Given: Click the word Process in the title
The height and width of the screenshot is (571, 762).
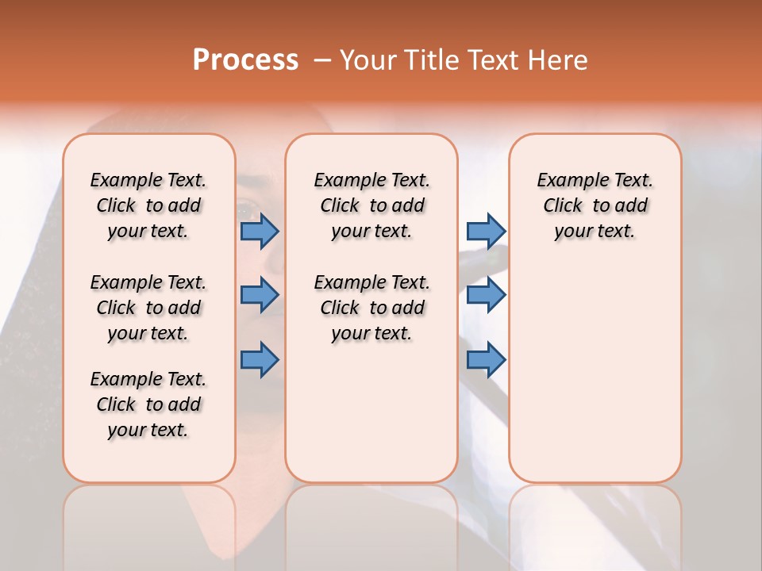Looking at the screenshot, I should (x=245, y=60).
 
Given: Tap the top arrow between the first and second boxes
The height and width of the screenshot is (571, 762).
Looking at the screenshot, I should (x=260, y=232).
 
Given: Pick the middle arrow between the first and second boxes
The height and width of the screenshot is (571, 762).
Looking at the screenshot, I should (x=260, y=295).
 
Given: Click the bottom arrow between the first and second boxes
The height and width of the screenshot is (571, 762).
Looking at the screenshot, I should (x=260, y=360).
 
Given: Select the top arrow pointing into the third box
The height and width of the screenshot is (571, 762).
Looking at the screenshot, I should (x=486, y=232).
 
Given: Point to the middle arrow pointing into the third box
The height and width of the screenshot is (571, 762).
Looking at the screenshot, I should (x=486, y=295).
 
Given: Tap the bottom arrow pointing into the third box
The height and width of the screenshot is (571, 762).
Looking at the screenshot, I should (x=486, y=360).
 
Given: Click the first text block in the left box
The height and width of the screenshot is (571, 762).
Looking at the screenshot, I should (x=148, y=205).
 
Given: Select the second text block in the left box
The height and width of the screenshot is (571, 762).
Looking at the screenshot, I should (x=148, y=308).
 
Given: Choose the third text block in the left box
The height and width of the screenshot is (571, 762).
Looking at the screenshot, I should (x=148, y=404).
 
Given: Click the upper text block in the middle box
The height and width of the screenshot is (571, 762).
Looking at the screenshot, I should (x=372, y=205).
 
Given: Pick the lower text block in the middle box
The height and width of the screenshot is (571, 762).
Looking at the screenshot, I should (x=372, y=308).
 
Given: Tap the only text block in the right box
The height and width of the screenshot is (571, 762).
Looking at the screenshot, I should (x=595, y=205).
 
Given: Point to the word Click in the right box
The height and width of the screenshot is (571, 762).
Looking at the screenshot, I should (x=563, y=206).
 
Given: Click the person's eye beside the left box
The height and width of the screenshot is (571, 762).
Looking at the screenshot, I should (x=246, y=211).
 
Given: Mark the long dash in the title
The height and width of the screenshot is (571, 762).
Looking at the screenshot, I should (x=322, y=60).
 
